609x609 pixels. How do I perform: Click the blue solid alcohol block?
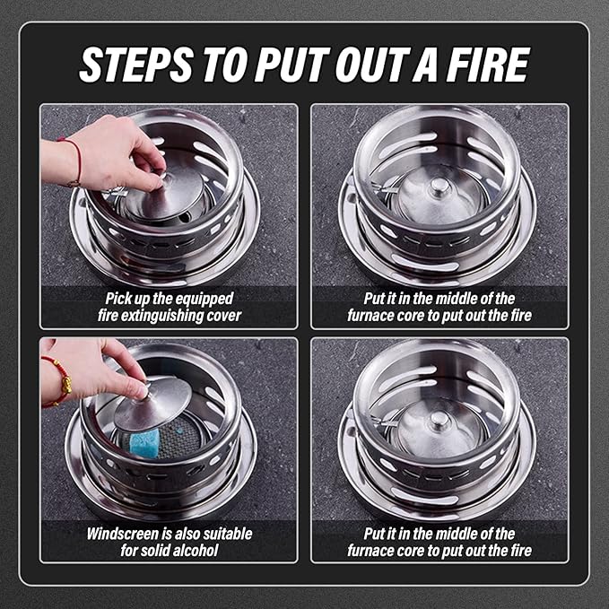[144, 440]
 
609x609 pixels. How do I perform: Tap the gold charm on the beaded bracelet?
[65, 387]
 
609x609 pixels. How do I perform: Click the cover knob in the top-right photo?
[439, 187]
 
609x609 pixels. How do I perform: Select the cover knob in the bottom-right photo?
[439, 420]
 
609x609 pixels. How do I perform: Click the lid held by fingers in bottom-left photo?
[152, 404]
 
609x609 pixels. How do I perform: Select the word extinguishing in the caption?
[161, 316]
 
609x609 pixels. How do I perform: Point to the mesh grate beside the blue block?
[184, 440]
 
